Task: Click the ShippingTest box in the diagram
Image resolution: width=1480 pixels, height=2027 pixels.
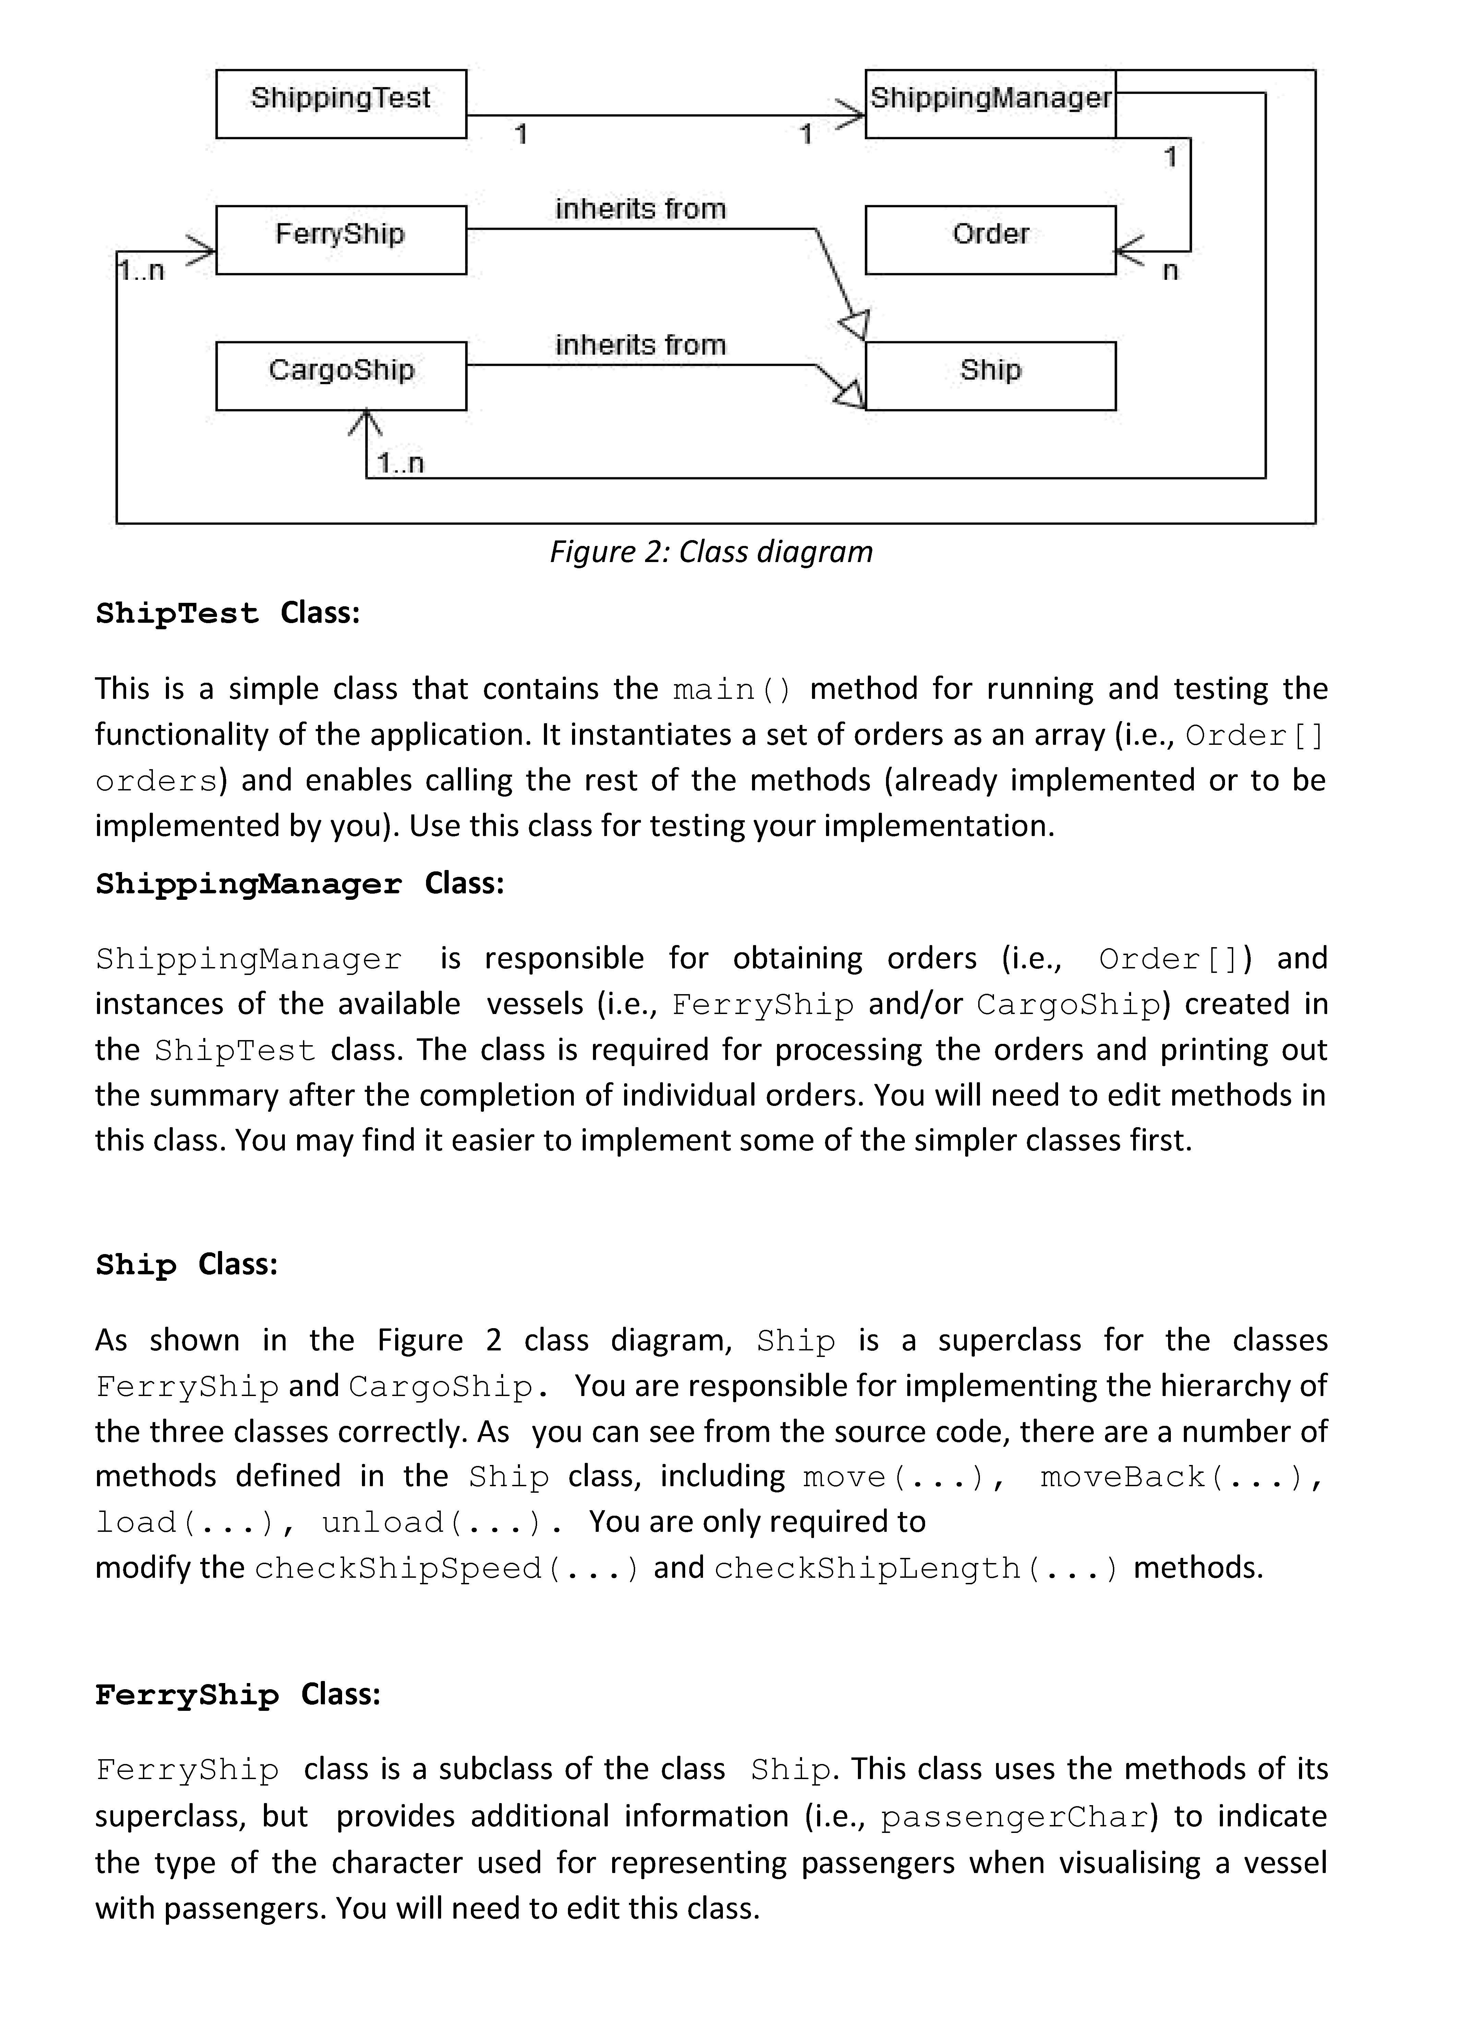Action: coord(340,103)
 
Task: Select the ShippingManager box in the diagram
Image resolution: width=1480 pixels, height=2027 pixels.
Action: coord(990,103)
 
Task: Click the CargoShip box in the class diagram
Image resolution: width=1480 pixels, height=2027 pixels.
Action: coord(340,375)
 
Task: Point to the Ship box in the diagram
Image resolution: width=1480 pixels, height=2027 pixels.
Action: coord(990,375)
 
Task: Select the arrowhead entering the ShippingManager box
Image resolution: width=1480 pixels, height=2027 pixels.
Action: coord(849,115)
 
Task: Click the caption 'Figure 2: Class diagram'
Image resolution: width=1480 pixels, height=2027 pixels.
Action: coord(711,552)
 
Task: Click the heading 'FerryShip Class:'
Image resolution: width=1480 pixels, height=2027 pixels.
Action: coord(238,1695)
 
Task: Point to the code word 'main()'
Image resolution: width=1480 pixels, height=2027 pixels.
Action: coord(732,690)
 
